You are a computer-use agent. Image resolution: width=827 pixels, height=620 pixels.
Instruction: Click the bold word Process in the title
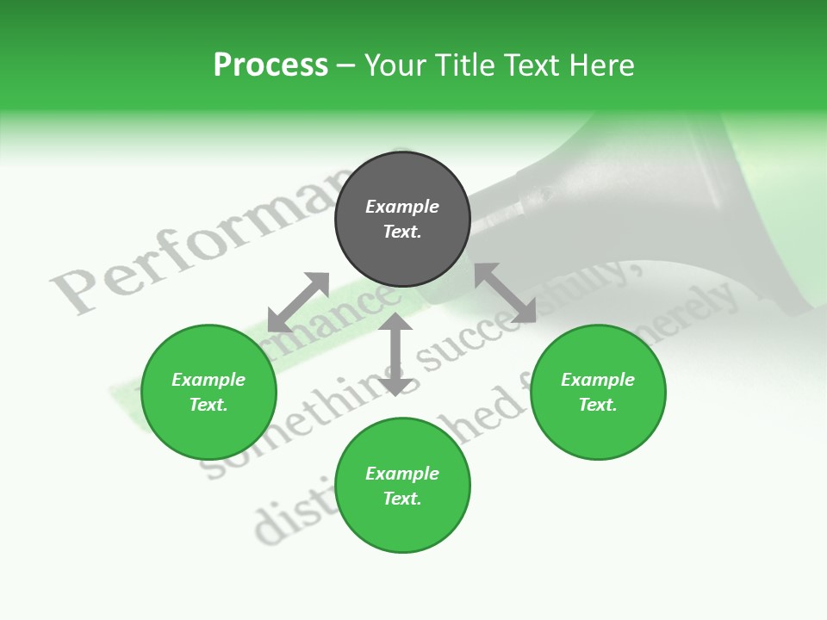pos(270,65)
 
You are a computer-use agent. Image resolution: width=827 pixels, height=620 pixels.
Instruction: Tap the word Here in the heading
pos(602,65)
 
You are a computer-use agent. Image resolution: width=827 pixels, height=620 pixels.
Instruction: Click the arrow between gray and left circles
pos(298,302)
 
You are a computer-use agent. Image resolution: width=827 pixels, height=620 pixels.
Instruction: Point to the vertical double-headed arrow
pos(395,354)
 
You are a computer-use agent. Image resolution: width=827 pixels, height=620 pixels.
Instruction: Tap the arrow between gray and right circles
pos(506,293)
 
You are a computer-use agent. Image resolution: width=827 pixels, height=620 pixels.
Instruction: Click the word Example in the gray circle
pos(402,207)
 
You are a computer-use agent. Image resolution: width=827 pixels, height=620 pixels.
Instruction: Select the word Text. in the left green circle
pos(208,405)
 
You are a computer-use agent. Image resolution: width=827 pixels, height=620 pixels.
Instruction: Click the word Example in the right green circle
pos(598,380)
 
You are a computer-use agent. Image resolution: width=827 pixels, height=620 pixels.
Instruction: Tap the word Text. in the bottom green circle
pos(402,499)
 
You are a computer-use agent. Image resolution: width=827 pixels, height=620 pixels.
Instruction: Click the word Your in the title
pos(396,65)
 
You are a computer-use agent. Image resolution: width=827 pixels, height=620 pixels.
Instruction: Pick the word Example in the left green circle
pos(208,380)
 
